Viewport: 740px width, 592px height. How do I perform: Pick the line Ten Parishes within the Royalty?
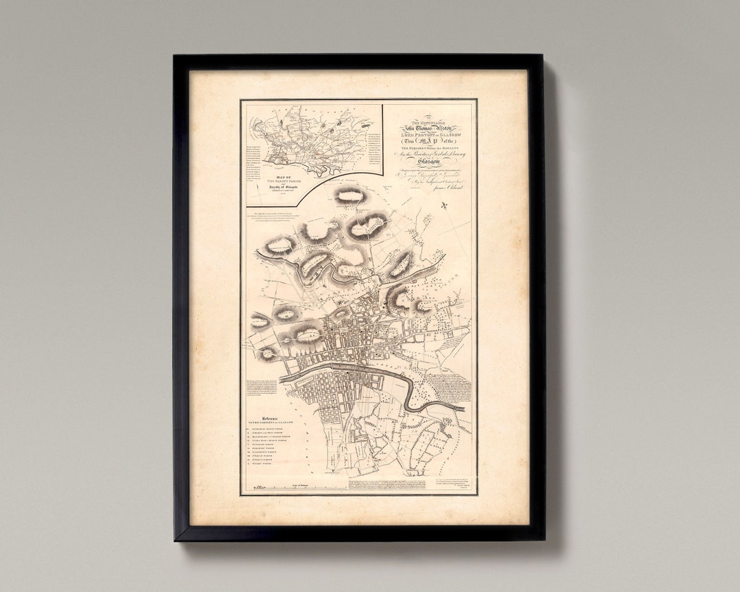pos(429,149)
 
